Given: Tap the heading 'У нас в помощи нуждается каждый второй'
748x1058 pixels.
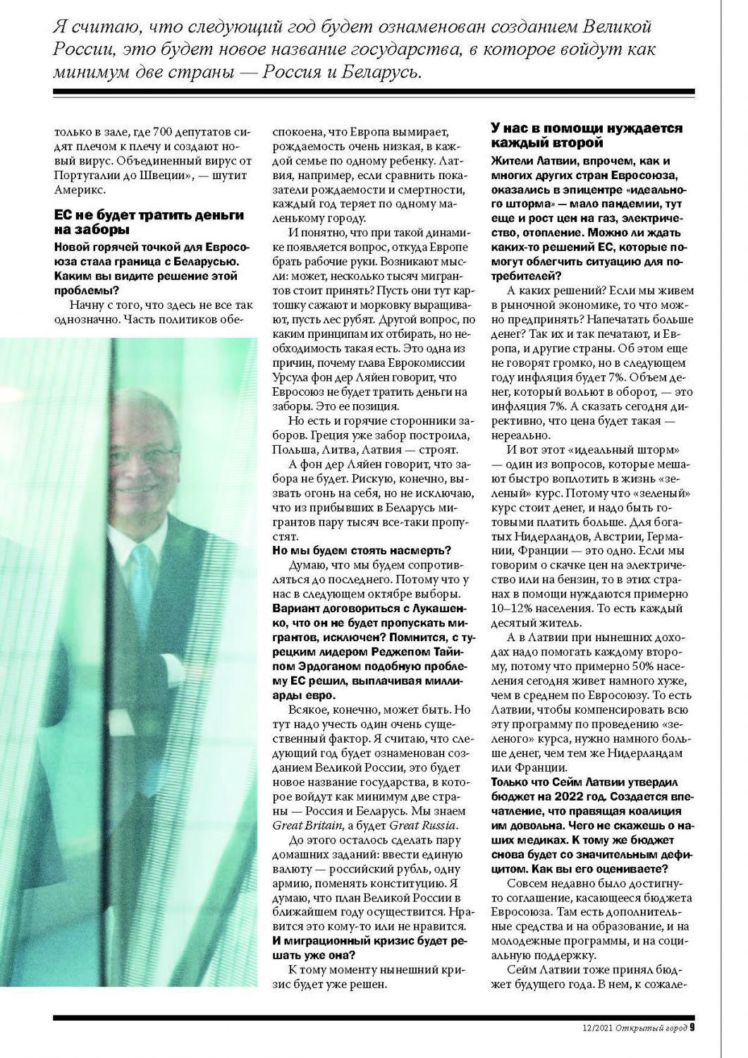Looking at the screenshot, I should [x=586, y=135].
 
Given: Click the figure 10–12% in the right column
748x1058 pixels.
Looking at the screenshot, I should [x=519, y=608].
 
